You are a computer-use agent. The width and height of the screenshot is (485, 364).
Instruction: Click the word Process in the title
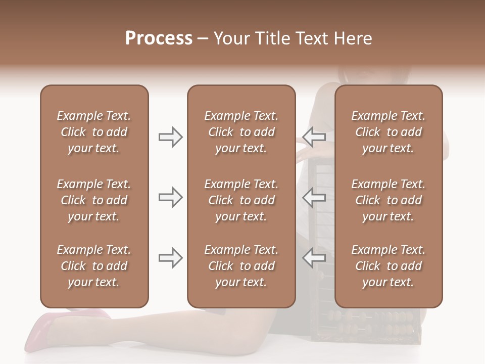(159, 38)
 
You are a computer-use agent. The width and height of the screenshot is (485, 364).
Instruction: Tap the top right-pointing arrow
(170, 136)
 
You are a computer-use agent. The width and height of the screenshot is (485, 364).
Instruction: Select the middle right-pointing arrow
(170, 197)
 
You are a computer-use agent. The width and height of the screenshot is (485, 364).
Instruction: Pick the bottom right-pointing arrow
(170, 258)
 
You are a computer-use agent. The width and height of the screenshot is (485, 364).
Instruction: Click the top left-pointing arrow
(314, 136)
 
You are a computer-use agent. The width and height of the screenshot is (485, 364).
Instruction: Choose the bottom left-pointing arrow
(314, 258)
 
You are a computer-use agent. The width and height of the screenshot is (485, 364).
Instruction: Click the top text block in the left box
(94, 132)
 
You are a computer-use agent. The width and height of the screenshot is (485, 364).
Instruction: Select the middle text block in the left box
(94, 200)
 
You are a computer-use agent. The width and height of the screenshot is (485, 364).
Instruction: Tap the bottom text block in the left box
(94, 266)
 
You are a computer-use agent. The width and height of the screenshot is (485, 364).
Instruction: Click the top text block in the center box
(241, 132)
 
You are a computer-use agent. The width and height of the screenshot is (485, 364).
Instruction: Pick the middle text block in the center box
(241, 200)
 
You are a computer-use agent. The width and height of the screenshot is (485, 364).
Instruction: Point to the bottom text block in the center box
(241, 266)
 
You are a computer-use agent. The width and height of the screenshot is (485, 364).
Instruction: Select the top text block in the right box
(388, 132)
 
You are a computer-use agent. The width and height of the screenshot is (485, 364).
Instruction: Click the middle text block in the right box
(388, 200)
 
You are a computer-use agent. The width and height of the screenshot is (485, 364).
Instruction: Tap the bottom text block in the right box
(388, 266)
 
